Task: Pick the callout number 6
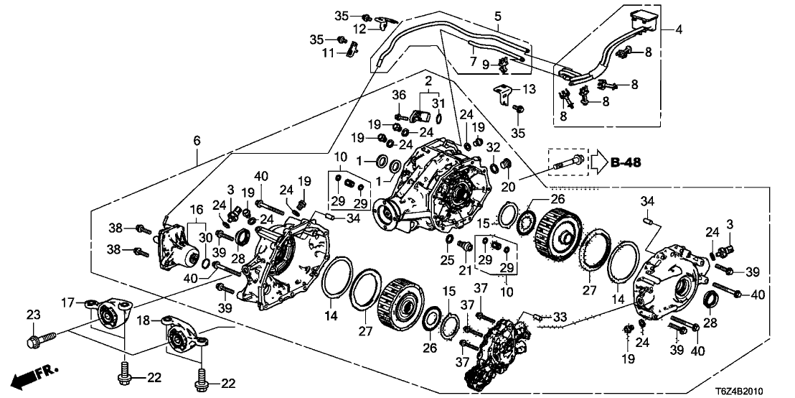[x=196, y=142]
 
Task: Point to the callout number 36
[x=400, y=96]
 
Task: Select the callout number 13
[x=530, y=89]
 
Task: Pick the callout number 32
[x=493, y=149]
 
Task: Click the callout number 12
[x=359, y=28]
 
